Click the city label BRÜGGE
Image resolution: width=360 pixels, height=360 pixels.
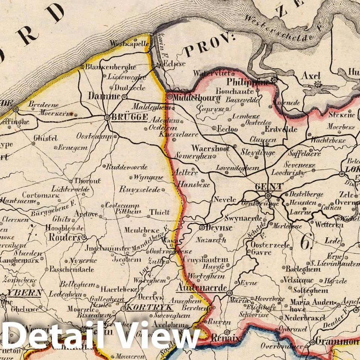click(129, 117)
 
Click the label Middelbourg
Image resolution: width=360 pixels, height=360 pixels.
click(194, 97)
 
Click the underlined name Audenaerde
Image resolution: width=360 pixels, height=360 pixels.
click(201, 289)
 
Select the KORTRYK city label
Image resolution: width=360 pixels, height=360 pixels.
click(146, 308)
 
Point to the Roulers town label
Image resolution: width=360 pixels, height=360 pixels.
click(64, 238)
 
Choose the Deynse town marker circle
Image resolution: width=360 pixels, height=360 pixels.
click(202, 227)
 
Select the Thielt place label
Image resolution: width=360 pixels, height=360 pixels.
click(160, 212)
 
